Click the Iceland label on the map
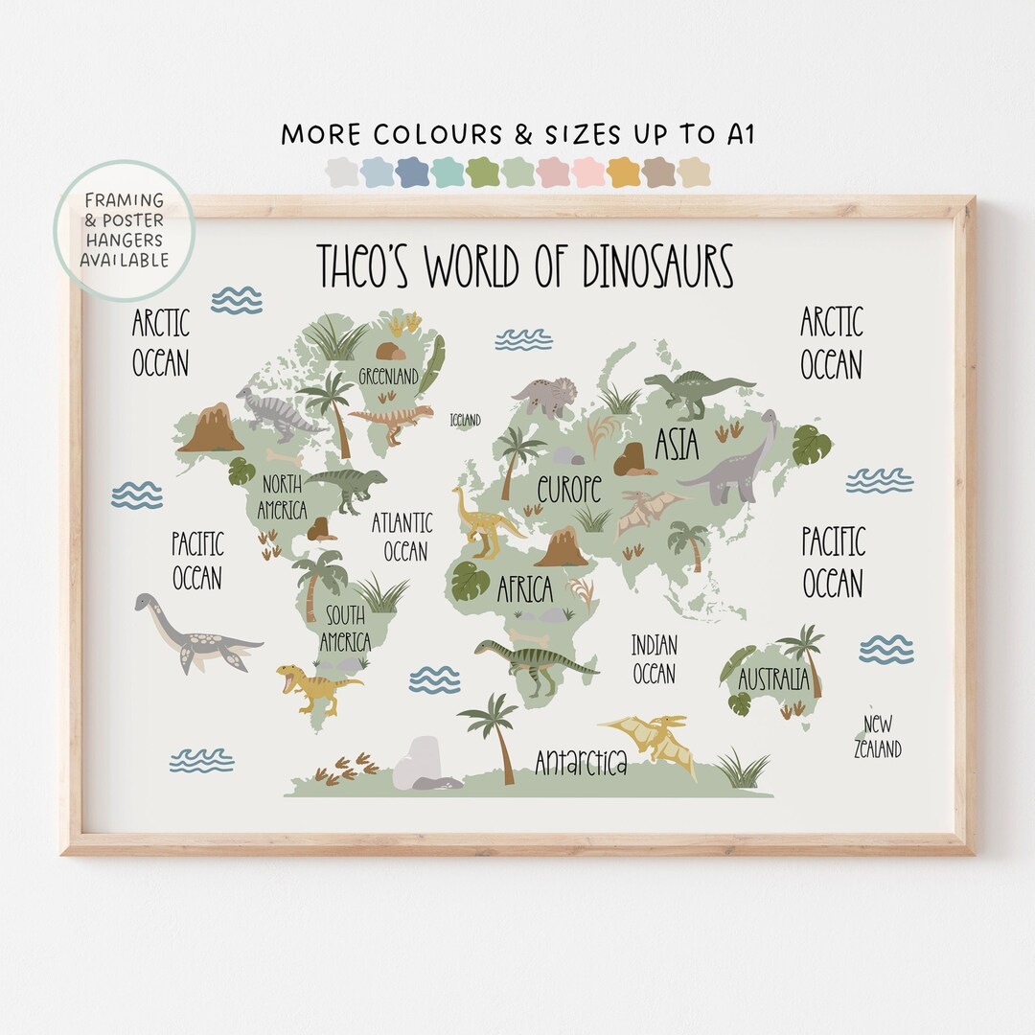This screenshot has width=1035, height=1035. (465, 420)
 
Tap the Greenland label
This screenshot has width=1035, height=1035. (388, 376)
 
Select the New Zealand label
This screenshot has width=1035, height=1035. (878, 737)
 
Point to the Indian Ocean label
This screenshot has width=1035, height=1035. (655, 658)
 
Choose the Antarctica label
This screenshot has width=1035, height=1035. (581, 763)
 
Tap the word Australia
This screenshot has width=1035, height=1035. (773, 680)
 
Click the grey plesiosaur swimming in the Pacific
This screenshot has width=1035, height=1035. (192, 632)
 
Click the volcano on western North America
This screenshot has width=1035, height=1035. (211, 428)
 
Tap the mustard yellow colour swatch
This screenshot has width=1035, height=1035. (624, 172)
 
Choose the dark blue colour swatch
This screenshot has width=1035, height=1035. (412, 172)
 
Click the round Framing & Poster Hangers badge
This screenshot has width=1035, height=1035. (124, 230)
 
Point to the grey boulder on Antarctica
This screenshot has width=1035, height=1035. (420, 764)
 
